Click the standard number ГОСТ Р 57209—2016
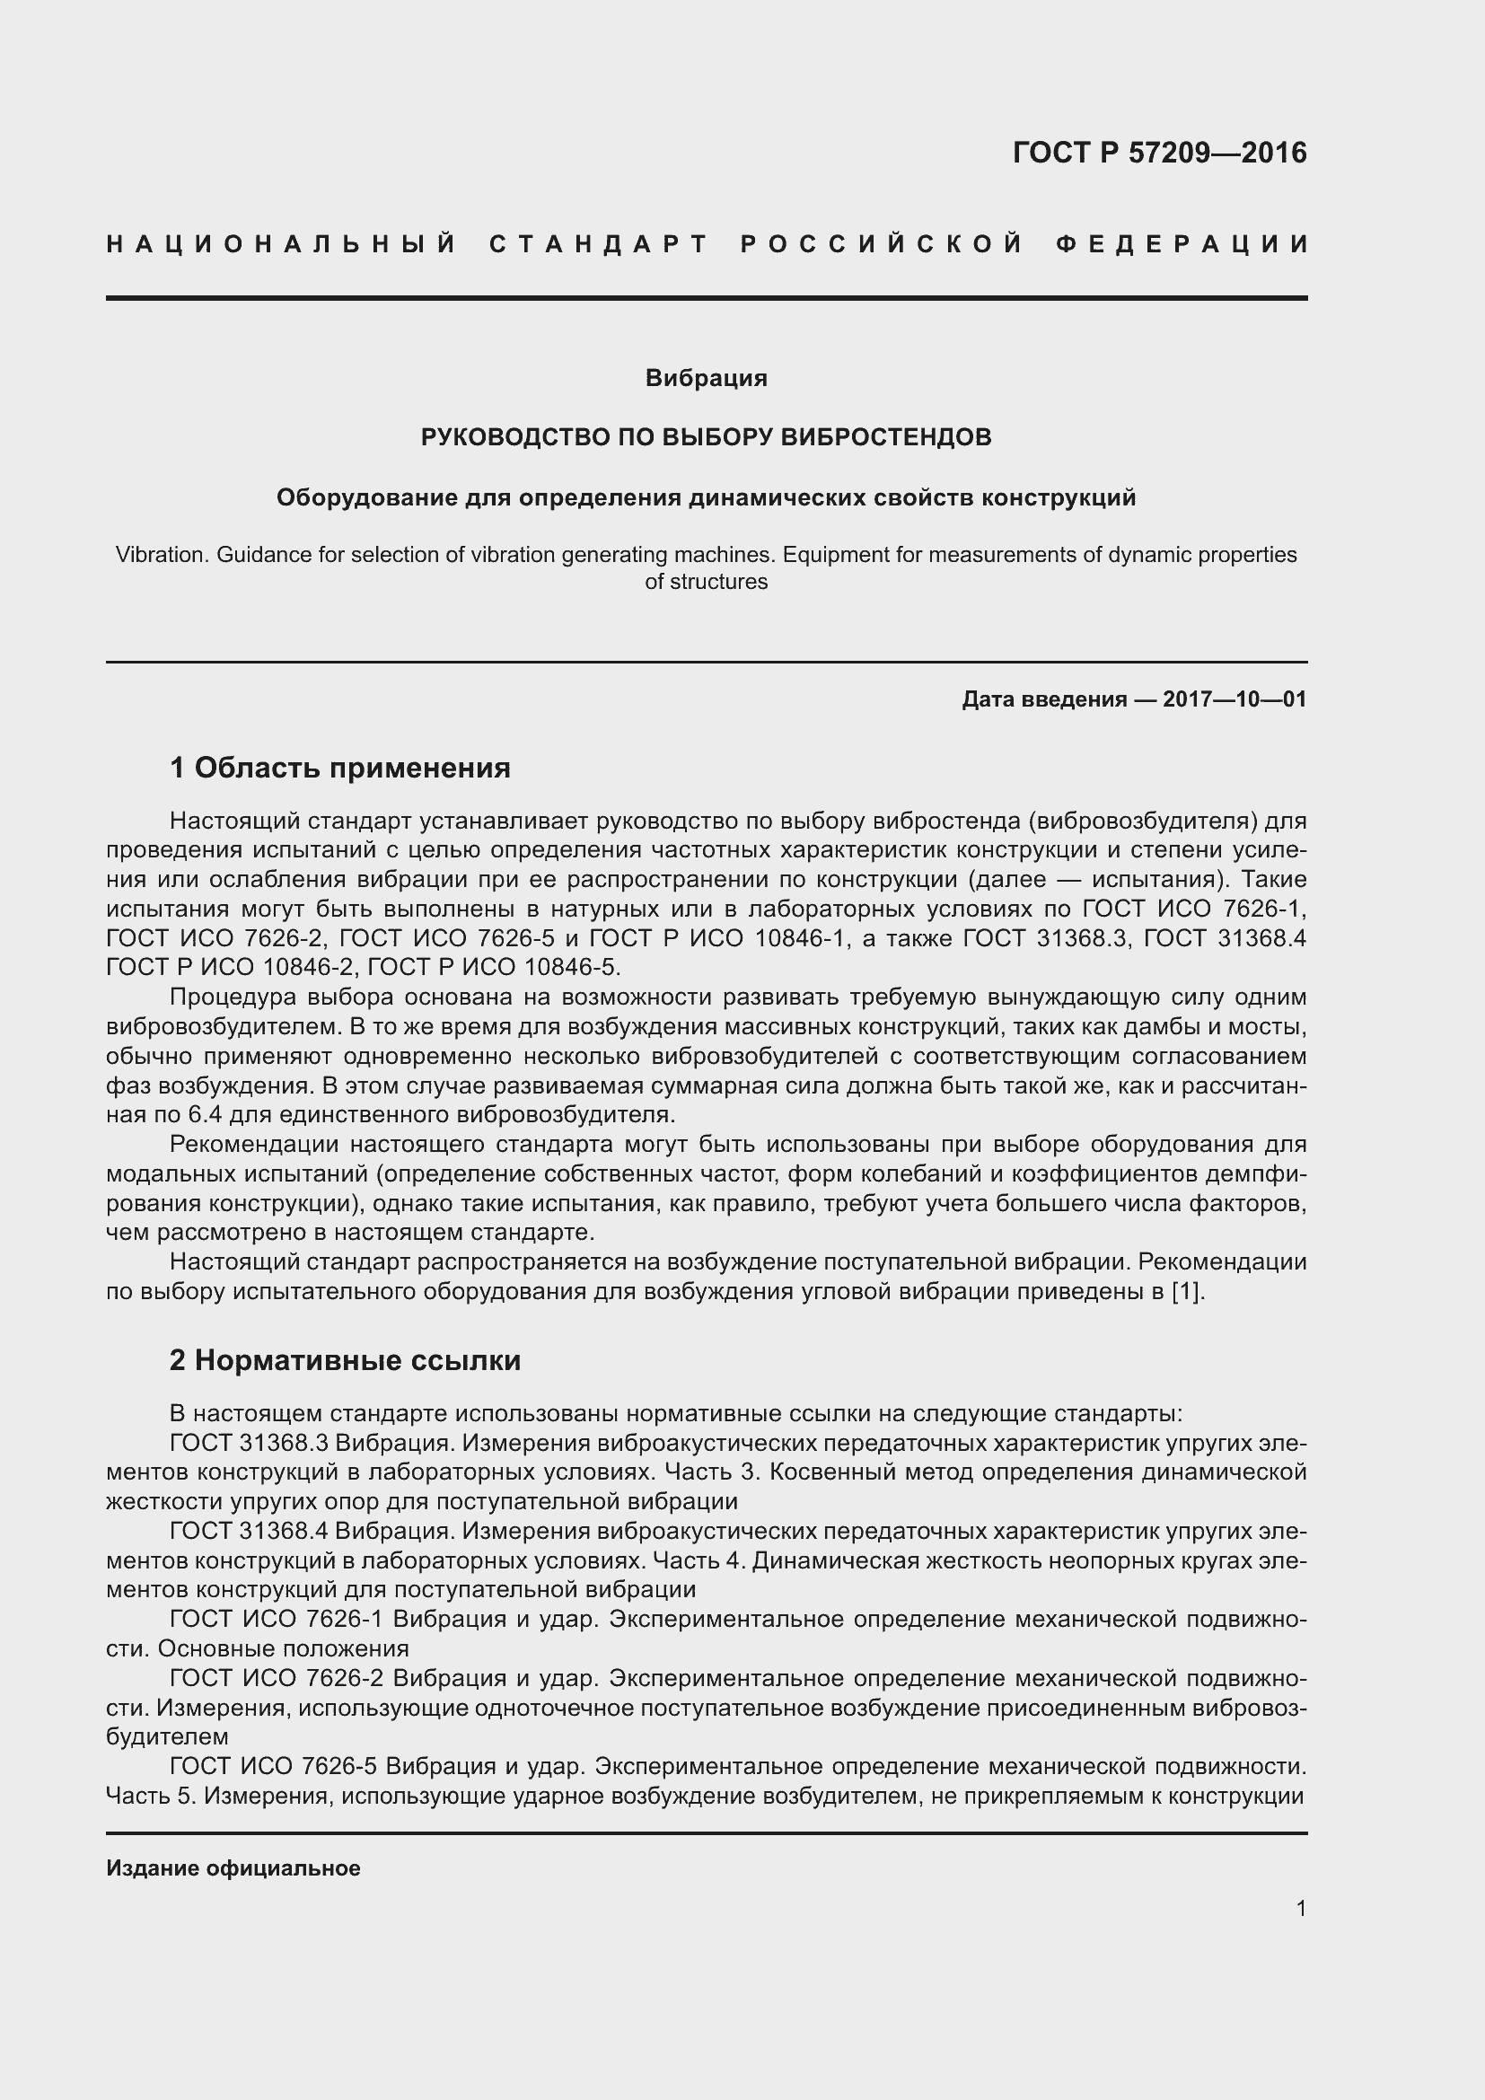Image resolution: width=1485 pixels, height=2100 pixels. (1158, 153)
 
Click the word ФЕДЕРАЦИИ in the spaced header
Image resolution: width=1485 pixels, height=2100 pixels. (1182, 244)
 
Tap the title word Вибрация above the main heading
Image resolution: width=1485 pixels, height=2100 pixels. (706, 378)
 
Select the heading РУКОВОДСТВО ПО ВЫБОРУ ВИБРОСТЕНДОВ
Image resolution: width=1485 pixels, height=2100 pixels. (706, 437)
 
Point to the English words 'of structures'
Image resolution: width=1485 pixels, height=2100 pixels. (706, 582)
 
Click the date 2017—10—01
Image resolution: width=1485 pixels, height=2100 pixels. (1235, 699)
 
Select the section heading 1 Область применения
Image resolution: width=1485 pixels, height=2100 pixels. (340, 768)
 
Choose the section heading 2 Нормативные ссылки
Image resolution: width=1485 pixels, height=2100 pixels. (345, 1360)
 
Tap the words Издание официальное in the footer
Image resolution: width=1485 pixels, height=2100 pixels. (233, 1868)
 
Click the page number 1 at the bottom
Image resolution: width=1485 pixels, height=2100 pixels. (1301, 1908)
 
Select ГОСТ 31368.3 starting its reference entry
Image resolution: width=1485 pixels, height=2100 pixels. (249, 1443)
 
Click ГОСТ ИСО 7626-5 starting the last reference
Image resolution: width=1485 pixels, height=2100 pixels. (274, 1765)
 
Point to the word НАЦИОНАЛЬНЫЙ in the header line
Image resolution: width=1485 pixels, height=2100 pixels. (282, 244)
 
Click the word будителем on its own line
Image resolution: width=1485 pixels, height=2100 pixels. (167, 1736)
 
